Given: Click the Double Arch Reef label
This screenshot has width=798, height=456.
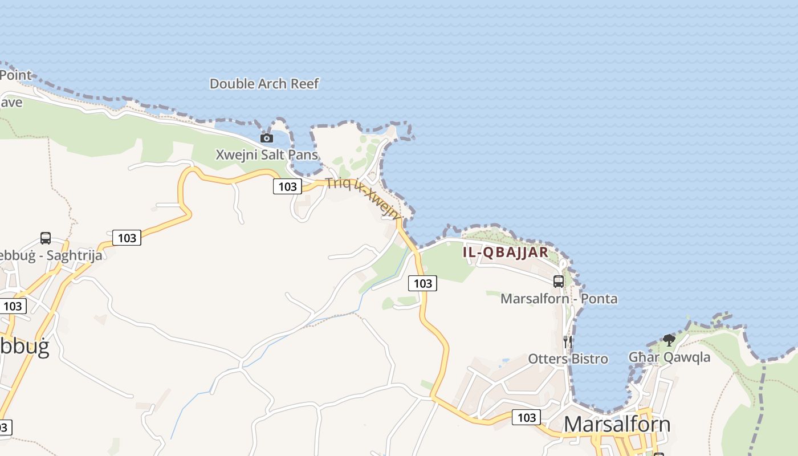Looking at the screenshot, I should point(264,84).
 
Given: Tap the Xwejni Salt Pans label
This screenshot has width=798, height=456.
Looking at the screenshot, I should point(266,154).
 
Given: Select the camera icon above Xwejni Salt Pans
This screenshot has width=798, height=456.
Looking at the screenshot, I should point(266,138).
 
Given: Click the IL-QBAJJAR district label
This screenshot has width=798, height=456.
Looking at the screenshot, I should point(506,252).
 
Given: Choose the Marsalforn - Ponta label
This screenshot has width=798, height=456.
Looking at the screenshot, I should point(559,299).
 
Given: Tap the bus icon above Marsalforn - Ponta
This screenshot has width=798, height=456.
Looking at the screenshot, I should point(559,281).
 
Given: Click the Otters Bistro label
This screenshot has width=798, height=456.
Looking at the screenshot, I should point(568,359).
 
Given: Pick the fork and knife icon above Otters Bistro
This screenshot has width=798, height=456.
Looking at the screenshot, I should point(567,341).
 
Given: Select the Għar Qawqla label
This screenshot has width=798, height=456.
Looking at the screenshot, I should point(669,357).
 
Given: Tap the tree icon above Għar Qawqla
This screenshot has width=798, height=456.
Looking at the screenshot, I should point(669,340).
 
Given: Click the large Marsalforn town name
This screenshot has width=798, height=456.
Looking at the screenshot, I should point(617,425).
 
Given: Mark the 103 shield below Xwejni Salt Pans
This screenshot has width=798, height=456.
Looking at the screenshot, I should point(287,186).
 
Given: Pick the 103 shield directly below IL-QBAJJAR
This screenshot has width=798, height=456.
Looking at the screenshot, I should point(422,283).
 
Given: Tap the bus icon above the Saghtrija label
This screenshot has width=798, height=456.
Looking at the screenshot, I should point(46,238).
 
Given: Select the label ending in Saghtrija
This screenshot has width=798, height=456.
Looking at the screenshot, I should point(51,255).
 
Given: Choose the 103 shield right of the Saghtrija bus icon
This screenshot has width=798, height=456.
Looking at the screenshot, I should point(127,238).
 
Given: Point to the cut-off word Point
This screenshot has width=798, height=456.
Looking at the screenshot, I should point(15,75).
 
